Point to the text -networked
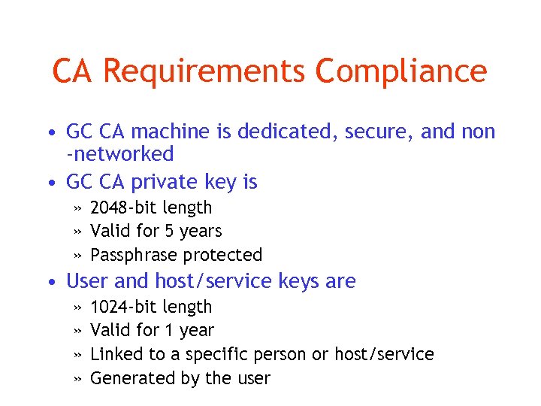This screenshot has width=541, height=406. click(x=120, y=154)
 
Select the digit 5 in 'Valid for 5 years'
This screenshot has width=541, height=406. click(x=175, y=231)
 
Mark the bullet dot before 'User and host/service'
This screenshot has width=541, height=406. click(x=49, y=283)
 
